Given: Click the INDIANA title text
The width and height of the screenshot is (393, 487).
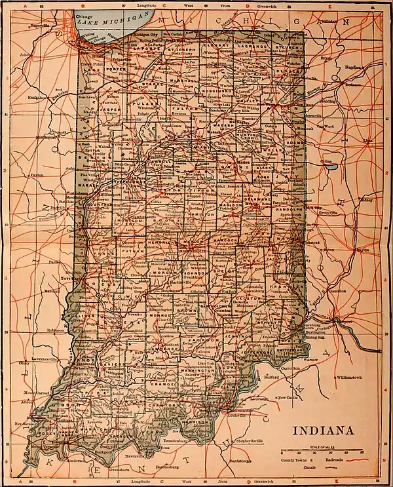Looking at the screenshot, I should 326,431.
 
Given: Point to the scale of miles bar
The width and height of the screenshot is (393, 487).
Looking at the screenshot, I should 322,452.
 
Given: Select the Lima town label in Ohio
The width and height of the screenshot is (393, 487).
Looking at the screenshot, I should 367,140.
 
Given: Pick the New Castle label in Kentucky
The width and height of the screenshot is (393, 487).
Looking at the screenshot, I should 288,398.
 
